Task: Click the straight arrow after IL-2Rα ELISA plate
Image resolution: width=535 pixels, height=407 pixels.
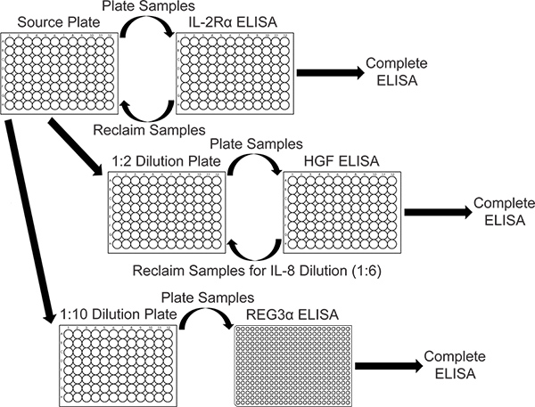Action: tap(325, 75)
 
